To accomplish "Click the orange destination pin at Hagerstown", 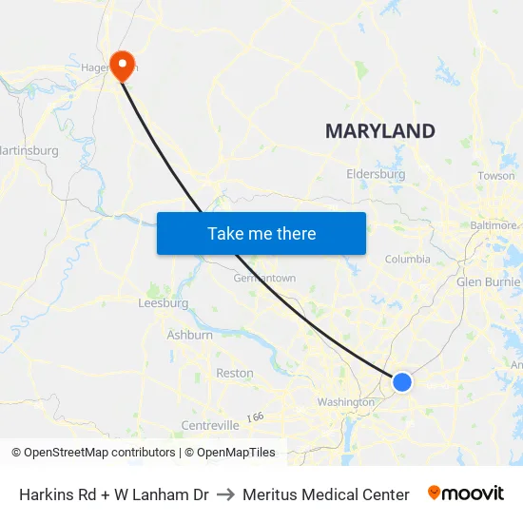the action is click(x=123, y=64).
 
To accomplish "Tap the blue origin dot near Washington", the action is click(x=402, y=381).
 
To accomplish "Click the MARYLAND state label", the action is click(x=380, y=131).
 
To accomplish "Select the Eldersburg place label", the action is click(x=376, y=175).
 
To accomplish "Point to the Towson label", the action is click(x=496, y=176).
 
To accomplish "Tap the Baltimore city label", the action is click(x=494, y=225).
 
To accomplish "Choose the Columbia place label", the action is click(x=407, y=259).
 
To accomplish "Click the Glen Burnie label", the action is click(x=489, y=281).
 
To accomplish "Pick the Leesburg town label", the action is click(x=164, y=303).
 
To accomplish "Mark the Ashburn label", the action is click(x=189, y=335).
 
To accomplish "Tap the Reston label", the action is click(x=235, y=374).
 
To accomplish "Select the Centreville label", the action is click(x=210, y=425).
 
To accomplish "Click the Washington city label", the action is click(x=346, y=402).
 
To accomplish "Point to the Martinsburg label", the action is click(x=29, y=150).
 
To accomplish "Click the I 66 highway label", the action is click(x=254, y=416).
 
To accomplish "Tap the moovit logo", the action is click(x=466, y=494).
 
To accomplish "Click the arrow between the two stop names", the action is click(x=225, y=494).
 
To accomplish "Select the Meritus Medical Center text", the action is click(x=325, y=494).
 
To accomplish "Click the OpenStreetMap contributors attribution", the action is click(x=93, y=453).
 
